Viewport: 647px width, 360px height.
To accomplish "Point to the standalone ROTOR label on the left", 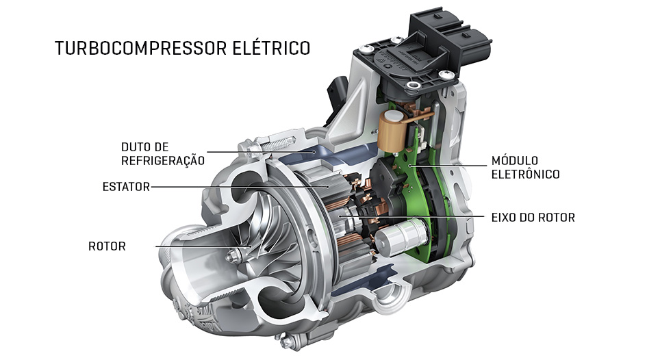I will click(x=107, y=246).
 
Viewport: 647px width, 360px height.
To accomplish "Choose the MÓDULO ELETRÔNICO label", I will click(x=525, y=167).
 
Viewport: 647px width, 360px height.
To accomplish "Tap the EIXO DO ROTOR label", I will click(x=533, y=217).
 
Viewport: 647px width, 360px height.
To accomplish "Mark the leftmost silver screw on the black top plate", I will click(x=361, y=49).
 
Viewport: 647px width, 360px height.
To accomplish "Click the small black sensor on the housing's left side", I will click(x=335, y=90).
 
